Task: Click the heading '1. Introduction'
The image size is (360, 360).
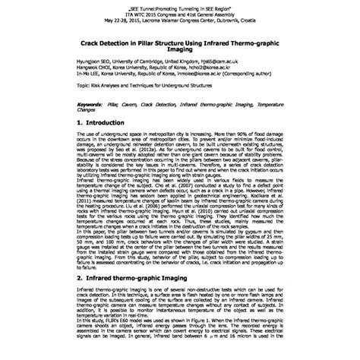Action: (112, 122)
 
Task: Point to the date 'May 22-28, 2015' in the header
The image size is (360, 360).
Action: (107, 17)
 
